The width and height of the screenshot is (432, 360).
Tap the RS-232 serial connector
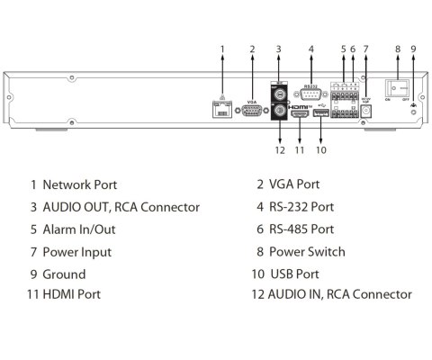click(x=311, y=97)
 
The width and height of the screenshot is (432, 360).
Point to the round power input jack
click(x=366, y=110)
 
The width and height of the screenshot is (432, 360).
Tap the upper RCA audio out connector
click(x=280, y=94)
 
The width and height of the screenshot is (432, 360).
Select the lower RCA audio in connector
click(x=280, y=113)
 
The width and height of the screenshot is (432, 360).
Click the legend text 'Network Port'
click(x=80, y=184)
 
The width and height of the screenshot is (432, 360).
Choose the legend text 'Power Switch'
click(x=307, y=252)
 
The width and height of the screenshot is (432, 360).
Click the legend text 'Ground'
click(x=65, y=274)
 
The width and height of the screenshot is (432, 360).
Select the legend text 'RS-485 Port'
click(x=301, y=229)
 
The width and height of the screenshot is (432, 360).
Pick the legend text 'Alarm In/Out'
click(x=79, y=229)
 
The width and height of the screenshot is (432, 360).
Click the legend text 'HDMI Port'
click(x=71, y=294)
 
